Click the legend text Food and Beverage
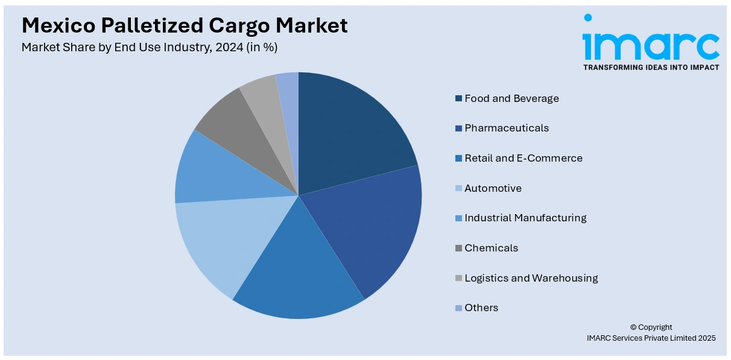pos(511,98)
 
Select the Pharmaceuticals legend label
pos(507,128)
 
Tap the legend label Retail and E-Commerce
pos(524,158)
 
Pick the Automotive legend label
pos(493,188)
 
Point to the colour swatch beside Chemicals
pos(459,248)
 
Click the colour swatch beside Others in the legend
pos(459,308)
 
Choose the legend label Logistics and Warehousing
pos(531,278)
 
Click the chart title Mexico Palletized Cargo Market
pos(185,25)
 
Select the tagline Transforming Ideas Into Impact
pos(651,68)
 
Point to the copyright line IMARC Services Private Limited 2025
pos(651,338)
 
